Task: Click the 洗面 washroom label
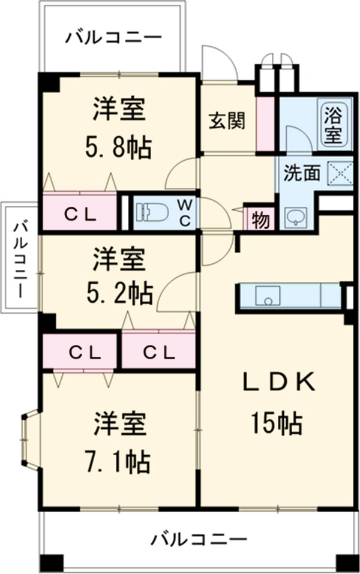tap(301, 173)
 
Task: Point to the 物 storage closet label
tap(260, 220)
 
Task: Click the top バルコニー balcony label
tap(113, 38)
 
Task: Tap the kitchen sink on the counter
tap(268, 296)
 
